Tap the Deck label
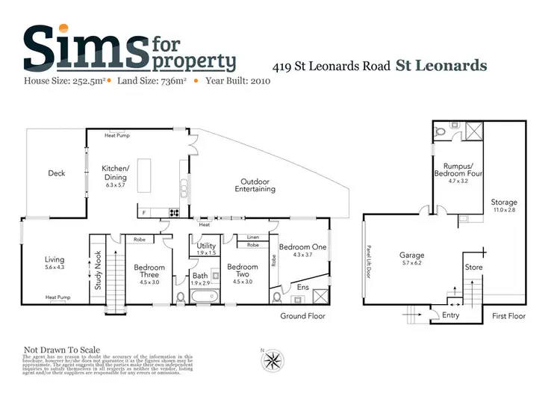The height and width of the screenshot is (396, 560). pos(57,173)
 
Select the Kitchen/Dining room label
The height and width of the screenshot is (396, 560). pos(116,177)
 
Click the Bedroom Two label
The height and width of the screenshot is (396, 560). pos(242,270)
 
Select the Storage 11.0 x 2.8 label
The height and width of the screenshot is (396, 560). pos(504,206)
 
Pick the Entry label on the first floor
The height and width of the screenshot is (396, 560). pos(451,315)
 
